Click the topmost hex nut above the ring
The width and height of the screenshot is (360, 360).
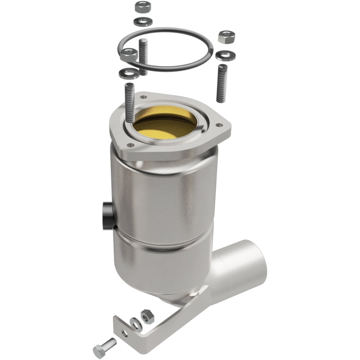click(x=142, y=8)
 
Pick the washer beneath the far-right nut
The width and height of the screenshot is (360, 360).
click(x=222, y=55)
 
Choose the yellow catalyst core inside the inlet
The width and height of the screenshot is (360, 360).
click(x=169, y=121)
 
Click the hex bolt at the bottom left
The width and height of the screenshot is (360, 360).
click(x=102, y=348)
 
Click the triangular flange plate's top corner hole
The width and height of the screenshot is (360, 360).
click(x=144, y=96)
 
